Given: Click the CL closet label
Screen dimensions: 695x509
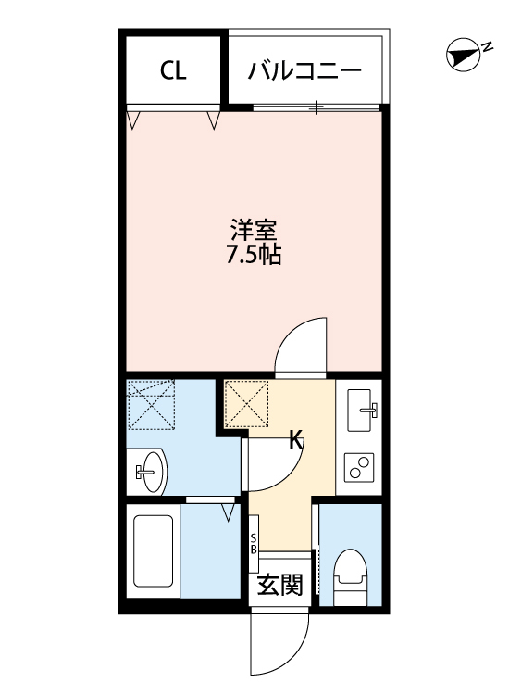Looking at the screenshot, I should [173, 70].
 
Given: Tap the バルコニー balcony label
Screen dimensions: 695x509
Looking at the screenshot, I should [304, 70].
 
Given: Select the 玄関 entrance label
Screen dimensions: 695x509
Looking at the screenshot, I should [279, 586].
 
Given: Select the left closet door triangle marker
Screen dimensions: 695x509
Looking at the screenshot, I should [133, 120].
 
